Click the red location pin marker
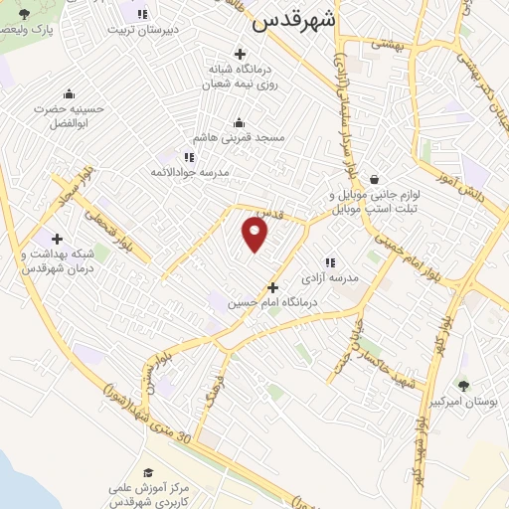[255, 235]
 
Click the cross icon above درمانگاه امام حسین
[272, 287]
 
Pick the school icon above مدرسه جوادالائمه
[188, 156]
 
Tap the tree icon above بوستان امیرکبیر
[463, 383]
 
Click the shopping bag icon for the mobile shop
[373, 179]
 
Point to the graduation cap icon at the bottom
[149, 472]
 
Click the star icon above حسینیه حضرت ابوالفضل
[69, 92]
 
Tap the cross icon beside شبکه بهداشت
[57, 239]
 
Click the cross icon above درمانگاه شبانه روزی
[239, 53]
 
